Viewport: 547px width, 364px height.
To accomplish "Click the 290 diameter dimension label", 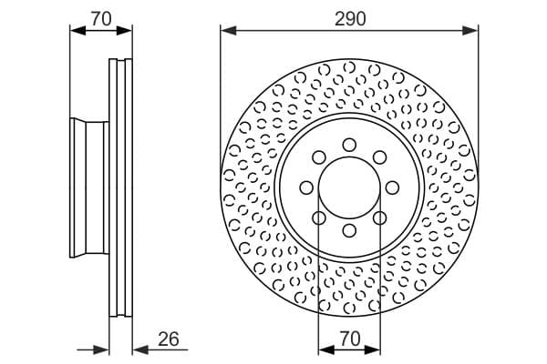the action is (350, 19).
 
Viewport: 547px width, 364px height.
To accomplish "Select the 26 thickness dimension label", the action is (169, 339).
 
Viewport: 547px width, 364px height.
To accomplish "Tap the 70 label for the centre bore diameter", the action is (350, 339).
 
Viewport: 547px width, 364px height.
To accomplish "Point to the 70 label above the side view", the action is (101, 19).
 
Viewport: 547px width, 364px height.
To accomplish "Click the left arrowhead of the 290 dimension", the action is (229, 30).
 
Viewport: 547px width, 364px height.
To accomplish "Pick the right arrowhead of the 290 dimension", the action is (470, 30).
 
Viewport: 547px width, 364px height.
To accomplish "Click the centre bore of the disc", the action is (349, 187).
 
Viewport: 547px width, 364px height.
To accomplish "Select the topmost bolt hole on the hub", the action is (349, 145).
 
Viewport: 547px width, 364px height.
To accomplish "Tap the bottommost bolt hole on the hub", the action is (349, 230).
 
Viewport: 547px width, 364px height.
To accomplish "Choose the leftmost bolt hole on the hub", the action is (306, 187).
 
